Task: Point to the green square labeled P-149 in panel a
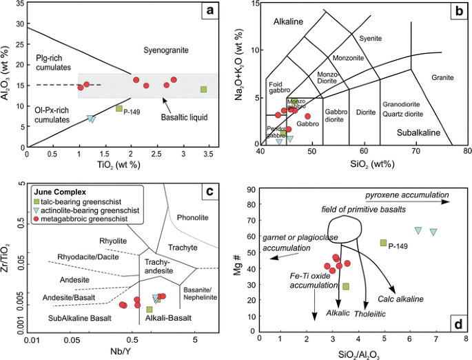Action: (x=119, y=108)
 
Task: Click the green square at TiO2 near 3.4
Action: (x=203, y=90)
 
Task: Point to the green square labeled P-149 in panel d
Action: (x=384, y=243)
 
